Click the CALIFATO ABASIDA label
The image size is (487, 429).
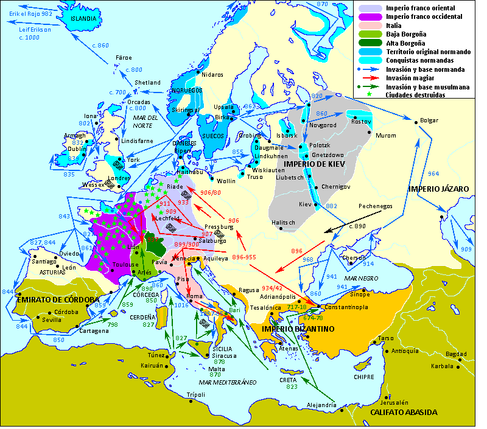click(x=404, y=412)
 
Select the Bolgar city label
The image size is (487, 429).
click(x=429, y=120)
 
